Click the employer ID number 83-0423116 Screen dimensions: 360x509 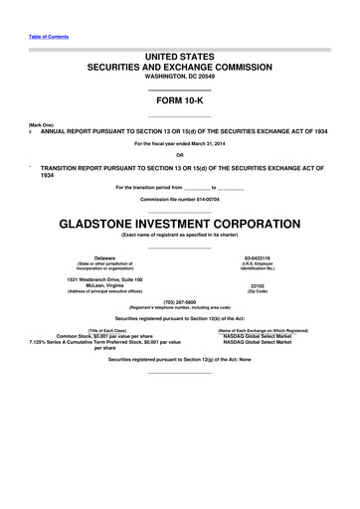point(264,257)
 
